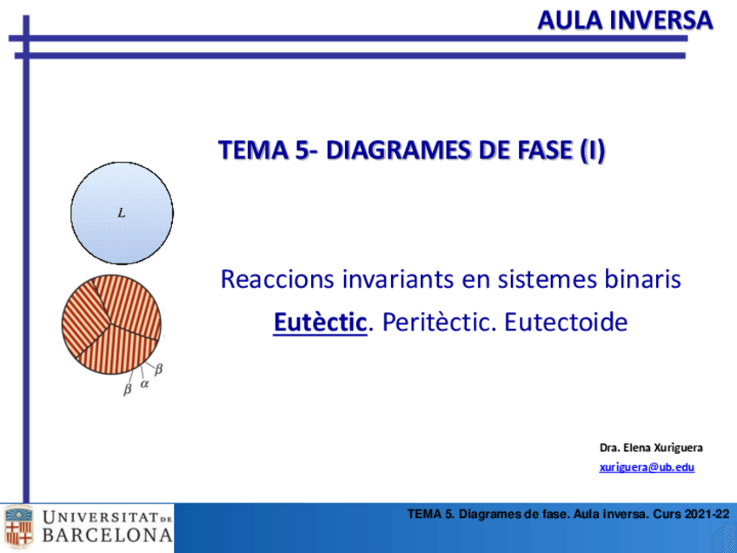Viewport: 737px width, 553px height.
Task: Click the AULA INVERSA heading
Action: (x=624, y=20)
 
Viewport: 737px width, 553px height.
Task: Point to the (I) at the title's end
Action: (x=591, y=151)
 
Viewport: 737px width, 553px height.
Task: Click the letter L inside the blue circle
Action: (x=122, y=212)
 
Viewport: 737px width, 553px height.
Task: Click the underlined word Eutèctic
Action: (x=320, y=323)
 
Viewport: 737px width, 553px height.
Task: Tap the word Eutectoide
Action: (x=566, y=323)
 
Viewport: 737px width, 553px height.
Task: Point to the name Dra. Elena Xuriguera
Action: (x=651, y=448)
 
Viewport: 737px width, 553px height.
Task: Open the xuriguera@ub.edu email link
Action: (x=647, y=468)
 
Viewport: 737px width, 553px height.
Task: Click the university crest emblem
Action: (x=18, y=526)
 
